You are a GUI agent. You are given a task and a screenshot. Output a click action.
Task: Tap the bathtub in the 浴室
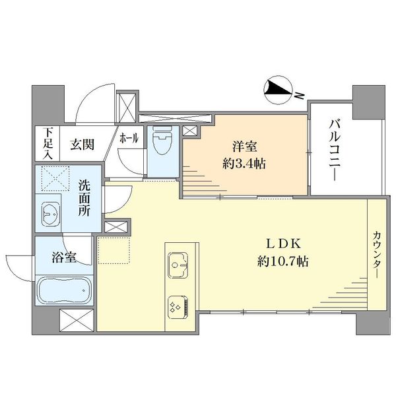click(64, 290)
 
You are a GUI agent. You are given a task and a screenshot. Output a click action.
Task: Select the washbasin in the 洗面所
click(51, 214)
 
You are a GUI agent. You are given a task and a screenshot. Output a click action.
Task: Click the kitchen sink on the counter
click(178, 265)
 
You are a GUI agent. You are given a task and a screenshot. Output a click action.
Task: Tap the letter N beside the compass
click(300, 95)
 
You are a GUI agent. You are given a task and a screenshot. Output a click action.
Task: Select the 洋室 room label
click(244, 147)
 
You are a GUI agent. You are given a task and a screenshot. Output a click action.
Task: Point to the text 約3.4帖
click(244, 164)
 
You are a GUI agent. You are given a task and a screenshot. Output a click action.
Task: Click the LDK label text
click(283, 244)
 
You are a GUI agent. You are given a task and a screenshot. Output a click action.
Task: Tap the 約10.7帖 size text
click(283, 261)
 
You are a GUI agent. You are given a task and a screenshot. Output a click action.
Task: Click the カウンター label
click(377, 255)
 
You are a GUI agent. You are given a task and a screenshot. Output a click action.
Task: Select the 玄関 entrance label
click(82, 145)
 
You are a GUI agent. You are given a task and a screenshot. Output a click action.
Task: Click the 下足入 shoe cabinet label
click(48, 143)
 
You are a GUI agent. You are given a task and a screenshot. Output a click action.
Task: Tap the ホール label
click(129, 138)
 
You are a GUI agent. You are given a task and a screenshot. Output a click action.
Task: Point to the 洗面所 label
click(84, 198)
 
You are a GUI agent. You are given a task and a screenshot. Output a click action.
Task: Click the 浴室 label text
click(64, 257)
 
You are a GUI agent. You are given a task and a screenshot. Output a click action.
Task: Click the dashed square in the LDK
click(114, 250)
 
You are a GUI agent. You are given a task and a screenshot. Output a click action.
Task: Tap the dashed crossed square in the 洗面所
click(55, 179)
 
